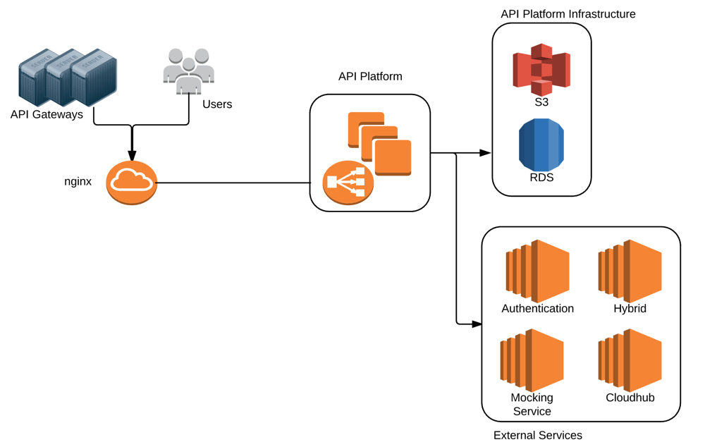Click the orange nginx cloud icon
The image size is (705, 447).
[131, 183]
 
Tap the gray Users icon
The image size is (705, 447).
[188, 71]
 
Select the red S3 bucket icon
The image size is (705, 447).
[541, 69]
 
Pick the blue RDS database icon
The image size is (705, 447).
[541, 145]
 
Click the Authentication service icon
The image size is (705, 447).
[537, 271]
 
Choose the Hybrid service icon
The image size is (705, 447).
[630, 271]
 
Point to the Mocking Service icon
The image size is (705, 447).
[532, 360]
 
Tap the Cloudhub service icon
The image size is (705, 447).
[630, 360]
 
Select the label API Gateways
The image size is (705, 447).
[47, 114]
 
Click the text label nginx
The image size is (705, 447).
[78, 182]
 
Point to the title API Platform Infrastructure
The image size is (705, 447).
[568, 14]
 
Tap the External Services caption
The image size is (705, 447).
[538, 435]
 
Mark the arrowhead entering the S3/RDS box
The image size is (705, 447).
[485, 152]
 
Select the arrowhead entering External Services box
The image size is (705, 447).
[476, 324]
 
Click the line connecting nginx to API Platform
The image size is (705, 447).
[233, 183]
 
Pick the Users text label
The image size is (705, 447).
[217, 104]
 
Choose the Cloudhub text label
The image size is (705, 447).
[630, 398]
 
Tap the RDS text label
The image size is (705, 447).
[541, 178]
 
